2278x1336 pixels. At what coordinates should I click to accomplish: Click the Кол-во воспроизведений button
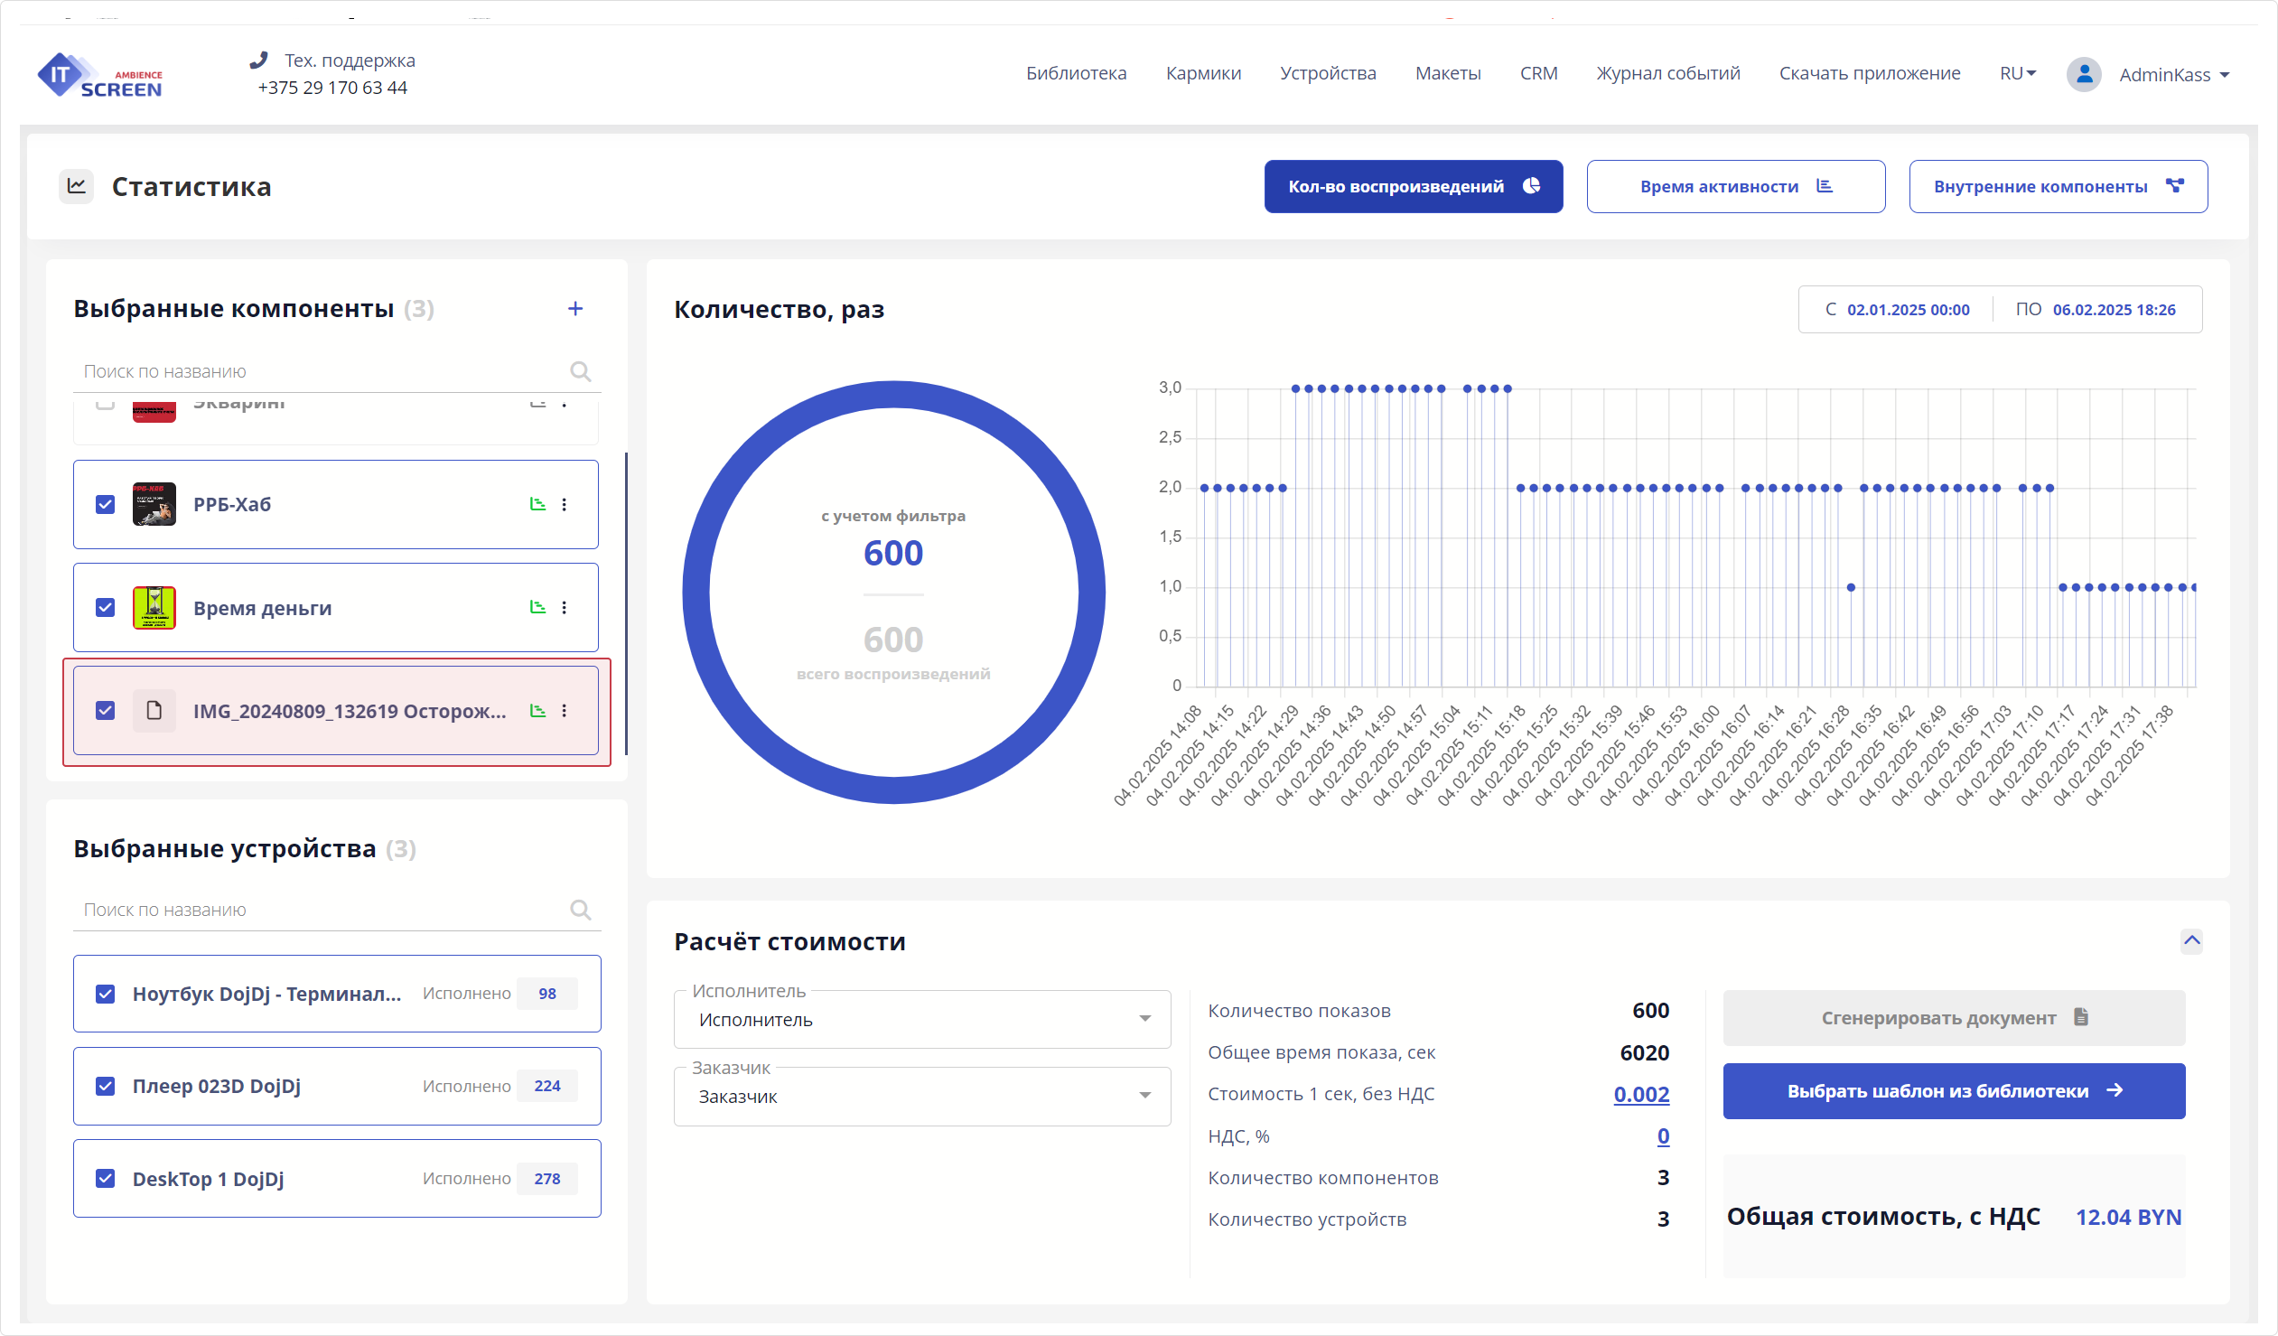(x=1413, y=186)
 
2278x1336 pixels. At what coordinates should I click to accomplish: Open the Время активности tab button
(x=1735, y=186)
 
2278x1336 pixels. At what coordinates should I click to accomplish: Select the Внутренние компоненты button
(x=2058, y=186)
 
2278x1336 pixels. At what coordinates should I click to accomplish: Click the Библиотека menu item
(x=1076, y=73)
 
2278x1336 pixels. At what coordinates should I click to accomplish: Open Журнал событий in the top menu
(x=1667, y=73)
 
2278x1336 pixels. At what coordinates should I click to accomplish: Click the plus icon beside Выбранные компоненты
(x=575, y=309)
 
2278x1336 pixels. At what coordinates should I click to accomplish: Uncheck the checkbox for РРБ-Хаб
(x=105, y=504)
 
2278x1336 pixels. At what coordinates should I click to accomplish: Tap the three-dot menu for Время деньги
(x=564, y=607)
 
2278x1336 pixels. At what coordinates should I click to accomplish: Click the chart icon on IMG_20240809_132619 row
(x=537, y=711)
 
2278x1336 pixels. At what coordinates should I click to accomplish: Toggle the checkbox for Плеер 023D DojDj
(x=105, y=1086)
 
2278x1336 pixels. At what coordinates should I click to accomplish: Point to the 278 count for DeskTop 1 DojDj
(x=546, y=1179)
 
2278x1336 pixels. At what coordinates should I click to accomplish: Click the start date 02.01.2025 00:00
(x=1908, y=310)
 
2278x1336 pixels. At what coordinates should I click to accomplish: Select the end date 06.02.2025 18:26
(x=2114, y=310)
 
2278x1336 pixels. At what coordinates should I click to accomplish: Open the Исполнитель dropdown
(x=922, y=1020)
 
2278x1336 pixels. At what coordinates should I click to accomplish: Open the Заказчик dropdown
(x=922, y=1097)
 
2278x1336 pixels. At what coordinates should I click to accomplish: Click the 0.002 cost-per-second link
(x=1640, y=1094)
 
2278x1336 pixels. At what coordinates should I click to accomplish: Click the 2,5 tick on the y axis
(x=1170, y=437)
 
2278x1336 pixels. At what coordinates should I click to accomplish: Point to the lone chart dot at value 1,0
(x=1851, y=587)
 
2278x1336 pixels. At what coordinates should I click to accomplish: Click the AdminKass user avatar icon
(x=2084, y=74)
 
